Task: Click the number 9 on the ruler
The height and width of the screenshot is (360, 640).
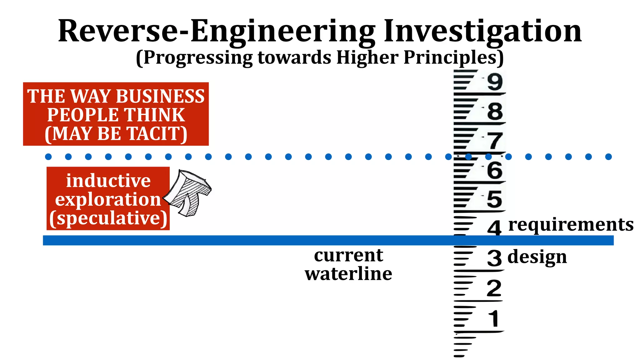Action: [495, 82]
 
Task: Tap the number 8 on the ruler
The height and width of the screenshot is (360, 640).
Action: [495, 111]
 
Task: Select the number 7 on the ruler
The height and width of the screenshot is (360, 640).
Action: [495, 141]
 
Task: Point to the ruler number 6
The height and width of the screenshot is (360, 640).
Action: [495, 170]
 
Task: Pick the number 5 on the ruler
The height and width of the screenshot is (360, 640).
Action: [494, 199]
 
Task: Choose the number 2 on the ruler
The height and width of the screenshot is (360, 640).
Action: [494, 288]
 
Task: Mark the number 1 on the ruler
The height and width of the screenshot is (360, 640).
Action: [494, 319]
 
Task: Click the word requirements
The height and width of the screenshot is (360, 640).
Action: [571, 225]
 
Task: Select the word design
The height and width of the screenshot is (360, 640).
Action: [537, 257]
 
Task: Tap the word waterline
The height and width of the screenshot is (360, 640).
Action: [348, 274]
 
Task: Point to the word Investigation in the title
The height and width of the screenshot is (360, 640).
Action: [482, 31]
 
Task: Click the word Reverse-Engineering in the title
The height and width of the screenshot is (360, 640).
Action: [217, 31]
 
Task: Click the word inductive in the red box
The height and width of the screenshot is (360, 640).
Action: [108, 181]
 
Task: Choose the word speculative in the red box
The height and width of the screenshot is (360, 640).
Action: [108, 218]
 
